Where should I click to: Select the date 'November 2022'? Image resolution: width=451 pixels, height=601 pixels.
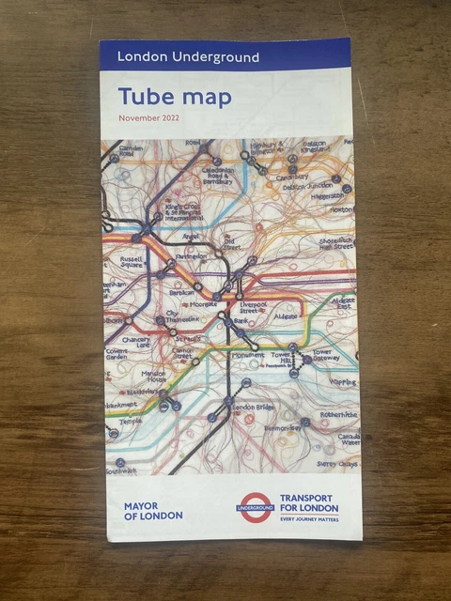[x=148, y=118]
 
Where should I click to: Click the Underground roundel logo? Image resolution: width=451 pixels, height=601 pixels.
[x=255, y=507]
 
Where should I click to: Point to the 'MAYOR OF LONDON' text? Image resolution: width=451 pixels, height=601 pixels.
[x=153, y=510]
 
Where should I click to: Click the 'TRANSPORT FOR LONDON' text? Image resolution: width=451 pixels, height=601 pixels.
[x=308, y=502]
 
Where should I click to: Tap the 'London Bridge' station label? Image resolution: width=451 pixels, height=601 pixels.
[x=252, y=408]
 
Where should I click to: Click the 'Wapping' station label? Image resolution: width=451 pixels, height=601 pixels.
[x=342, y=383]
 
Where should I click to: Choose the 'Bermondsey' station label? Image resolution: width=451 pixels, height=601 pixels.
[x=281, y=428]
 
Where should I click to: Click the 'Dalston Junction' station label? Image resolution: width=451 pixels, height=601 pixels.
[x=304, y=187]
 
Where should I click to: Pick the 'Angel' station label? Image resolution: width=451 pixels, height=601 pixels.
[x=193, y=237]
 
